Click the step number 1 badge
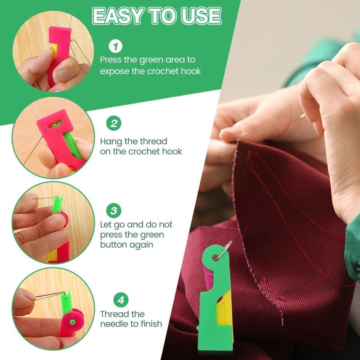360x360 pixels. (x=116, y=46)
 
